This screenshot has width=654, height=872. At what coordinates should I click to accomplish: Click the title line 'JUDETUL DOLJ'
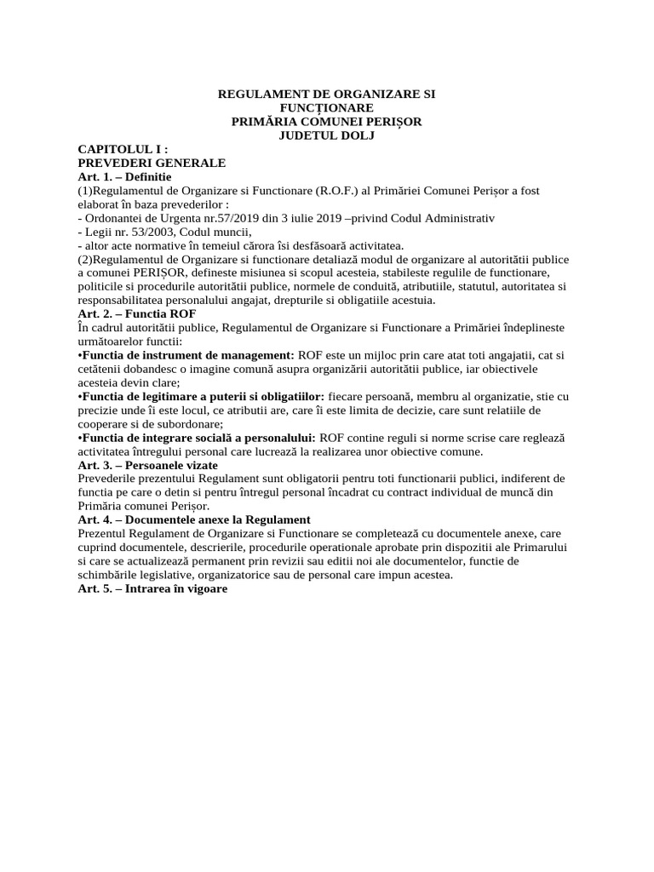327,135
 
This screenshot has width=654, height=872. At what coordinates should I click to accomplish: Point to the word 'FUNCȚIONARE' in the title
327,108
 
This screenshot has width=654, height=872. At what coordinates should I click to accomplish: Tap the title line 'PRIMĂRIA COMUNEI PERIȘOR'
327,122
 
